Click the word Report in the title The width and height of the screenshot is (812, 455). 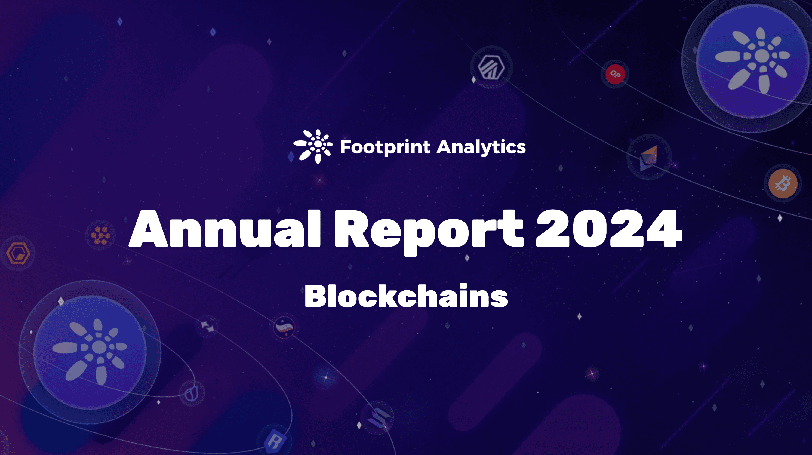point(429,232)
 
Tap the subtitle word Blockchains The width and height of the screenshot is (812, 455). point(406,296)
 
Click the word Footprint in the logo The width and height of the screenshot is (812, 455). point(385,147)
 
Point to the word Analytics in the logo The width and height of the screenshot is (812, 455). point(481,147)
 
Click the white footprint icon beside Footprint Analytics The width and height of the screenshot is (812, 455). point(313,146)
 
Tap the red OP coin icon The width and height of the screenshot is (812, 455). point(615,74)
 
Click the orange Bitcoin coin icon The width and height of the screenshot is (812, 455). point(783,183)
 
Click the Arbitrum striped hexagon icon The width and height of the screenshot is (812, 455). point(491,67)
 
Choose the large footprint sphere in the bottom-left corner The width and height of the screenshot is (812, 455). point(90,352)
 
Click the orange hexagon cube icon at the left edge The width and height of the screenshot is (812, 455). point(18,253)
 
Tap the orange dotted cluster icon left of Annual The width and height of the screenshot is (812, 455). point(101,235)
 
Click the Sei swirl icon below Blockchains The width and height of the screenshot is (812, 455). point(284,327)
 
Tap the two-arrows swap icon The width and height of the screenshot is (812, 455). point(207,326)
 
